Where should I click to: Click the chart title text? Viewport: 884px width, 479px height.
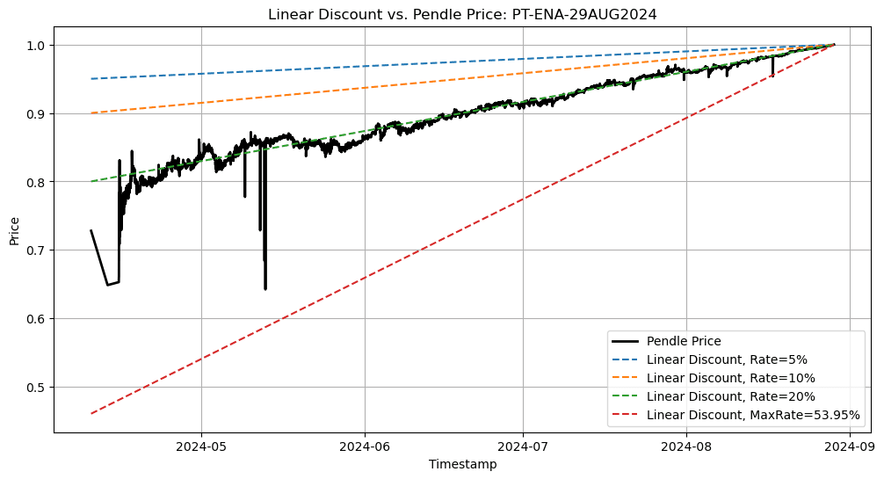461,13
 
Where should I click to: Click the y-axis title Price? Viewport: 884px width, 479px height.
14,229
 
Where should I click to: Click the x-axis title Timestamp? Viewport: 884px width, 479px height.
462,464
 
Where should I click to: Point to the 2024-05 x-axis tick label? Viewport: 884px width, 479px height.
201,446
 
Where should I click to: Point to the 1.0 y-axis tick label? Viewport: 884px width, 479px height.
37,45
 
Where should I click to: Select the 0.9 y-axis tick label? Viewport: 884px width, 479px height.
37,113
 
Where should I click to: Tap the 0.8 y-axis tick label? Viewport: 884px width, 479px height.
37,182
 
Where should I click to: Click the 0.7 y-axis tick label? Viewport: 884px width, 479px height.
37,250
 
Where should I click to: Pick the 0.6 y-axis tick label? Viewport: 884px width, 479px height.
37,318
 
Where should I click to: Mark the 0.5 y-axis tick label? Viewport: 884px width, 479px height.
37,387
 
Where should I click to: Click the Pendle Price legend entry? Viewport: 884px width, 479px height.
684,341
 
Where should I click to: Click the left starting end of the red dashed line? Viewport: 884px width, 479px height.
91,413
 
